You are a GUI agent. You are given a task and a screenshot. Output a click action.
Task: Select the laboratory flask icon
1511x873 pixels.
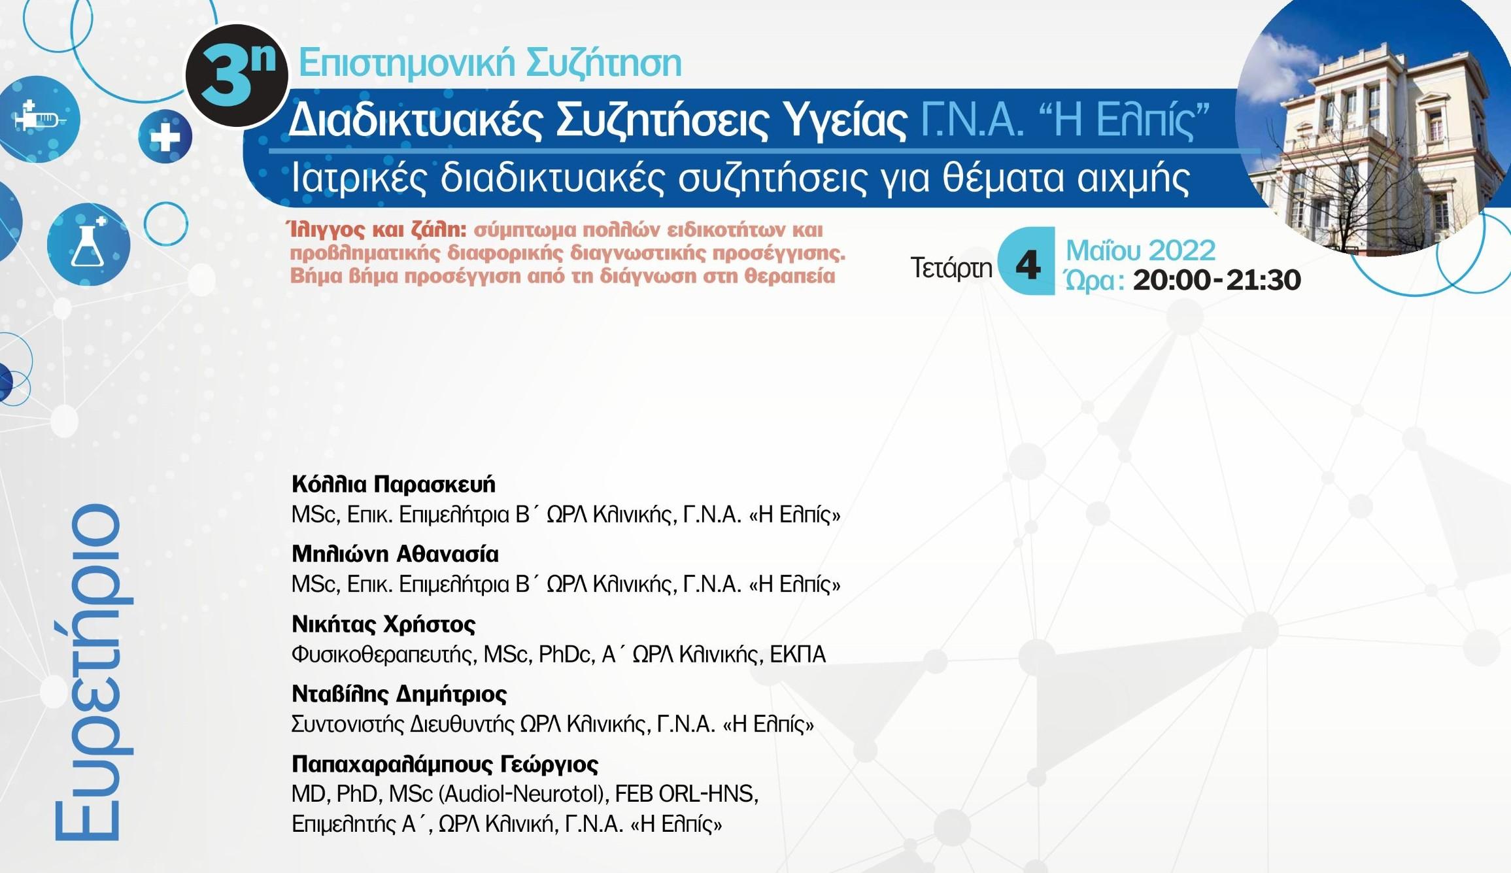88,245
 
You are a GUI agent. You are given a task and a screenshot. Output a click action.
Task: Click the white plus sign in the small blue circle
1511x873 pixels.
165,137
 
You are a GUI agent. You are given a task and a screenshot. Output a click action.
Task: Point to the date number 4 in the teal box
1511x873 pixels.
1028,264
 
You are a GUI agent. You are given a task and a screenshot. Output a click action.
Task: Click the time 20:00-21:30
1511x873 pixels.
1216,281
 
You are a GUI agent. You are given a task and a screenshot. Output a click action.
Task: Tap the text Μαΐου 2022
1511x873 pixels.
1140,250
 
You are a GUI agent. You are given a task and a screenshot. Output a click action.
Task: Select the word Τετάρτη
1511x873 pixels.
951,267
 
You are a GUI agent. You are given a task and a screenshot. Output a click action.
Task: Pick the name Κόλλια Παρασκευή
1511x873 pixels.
393,485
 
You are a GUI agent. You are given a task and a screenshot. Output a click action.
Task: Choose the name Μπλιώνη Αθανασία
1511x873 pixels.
395,555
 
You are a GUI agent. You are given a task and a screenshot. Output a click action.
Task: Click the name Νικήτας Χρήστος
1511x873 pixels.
383,625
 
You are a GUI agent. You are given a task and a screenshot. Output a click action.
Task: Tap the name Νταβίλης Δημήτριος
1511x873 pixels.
399,694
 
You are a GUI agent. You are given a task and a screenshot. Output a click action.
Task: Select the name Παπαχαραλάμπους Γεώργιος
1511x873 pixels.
445,764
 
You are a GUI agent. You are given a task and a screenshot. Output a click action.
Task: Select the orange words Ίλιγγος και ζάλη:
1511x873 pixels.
376,230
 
